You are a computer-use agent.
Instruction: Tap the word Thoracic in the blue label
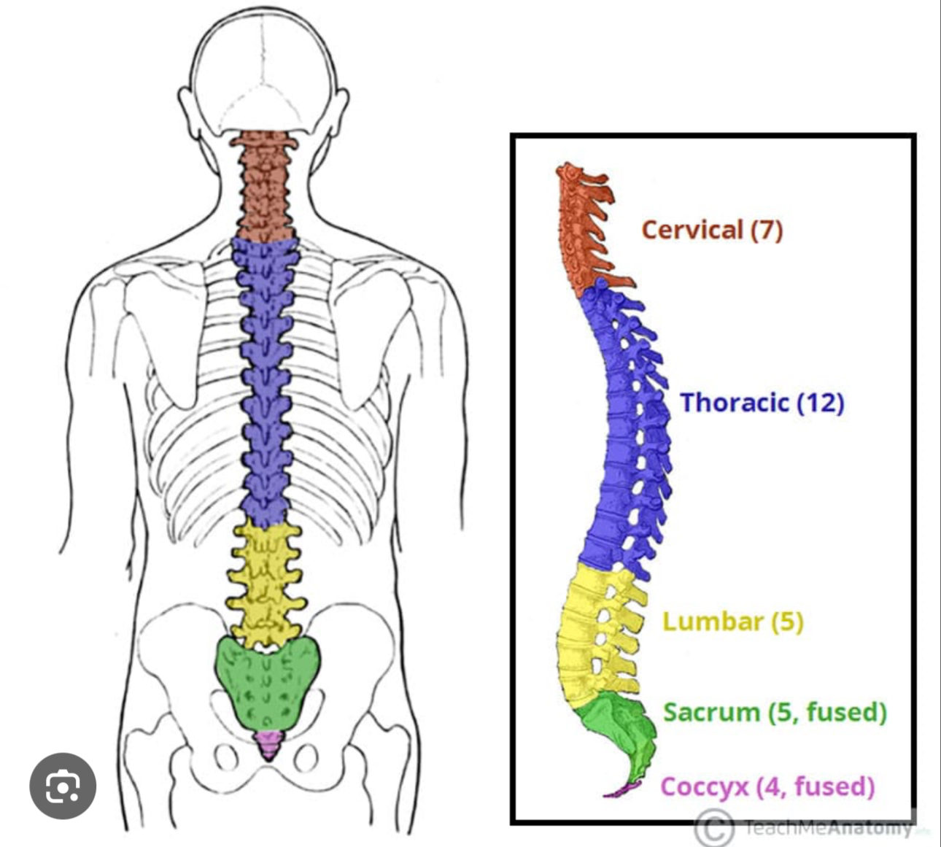(735, 402)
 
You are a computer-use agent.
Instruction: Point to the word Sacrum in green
(711, 711)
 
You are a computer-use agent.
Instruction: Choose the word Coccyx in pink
(705, 786)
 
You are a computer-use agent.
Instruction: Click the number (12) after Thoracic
(820, 402)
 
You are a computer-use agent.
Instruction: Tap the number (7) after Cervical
(767, 230)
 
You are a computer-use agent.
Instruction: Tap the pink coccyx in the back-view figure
(269, 744)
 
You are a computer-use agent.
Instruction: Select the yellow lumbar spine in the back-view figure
(266, 584)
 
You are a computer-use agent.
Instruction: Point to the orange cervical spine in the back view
(264, 186)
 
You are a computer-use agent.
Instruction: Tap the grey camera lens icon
(63, 786)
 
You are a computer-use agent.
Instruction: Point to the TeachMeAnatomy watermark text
(828, 828)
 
